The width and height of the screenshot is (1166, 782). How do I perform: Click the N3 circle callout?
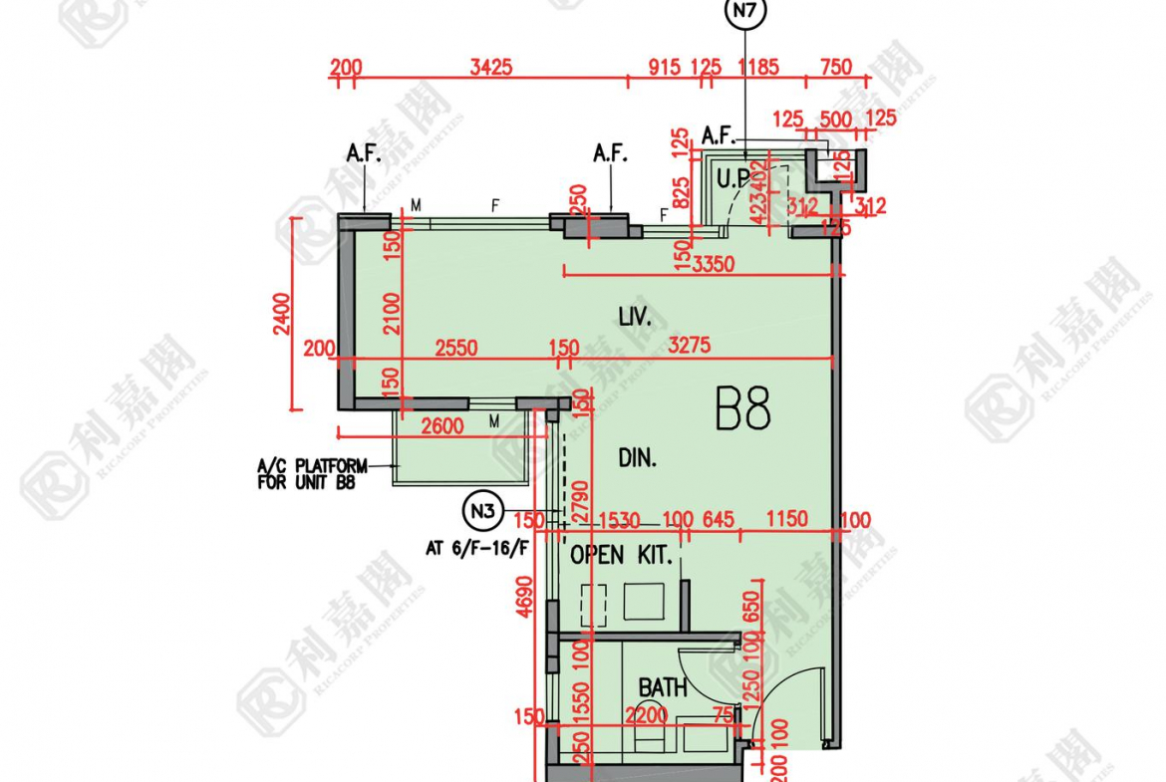click(483, 512)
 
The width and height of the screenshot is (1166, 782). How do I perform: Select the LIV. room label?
click(634, 319)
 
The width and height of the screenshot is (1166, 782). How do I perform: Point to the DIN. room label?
click(637, 458)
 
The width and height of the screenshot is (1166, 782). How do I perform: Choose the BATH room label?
click(663, 687)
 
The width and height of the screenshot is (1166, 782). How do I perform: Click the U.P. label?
click(734, 180)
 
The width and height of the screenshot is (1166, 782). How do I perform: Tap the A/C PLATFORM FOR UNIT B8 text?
click(311, 473)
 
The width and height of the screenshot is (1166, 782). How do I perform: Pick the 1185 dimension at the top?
click(759, 68)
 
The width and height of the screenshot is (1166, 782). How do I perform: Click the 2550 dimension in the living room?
click(456, 348)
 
